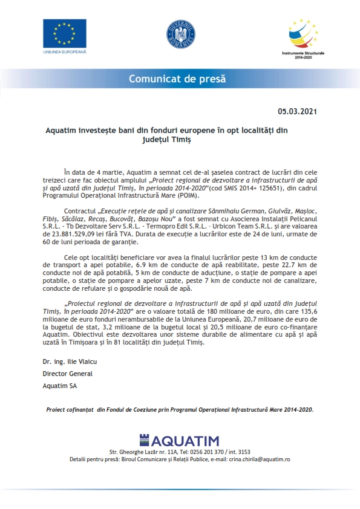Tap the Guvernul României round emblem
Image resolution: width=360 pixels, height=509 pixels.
[180, 36]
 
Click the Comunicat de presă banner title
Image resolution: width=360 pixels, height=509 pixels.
[180, 79]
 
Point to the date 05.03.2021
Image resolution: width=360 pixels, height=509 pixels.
[297, 112]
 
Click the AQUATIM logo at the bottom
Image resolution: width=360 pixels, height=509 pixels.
[180, 441]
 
